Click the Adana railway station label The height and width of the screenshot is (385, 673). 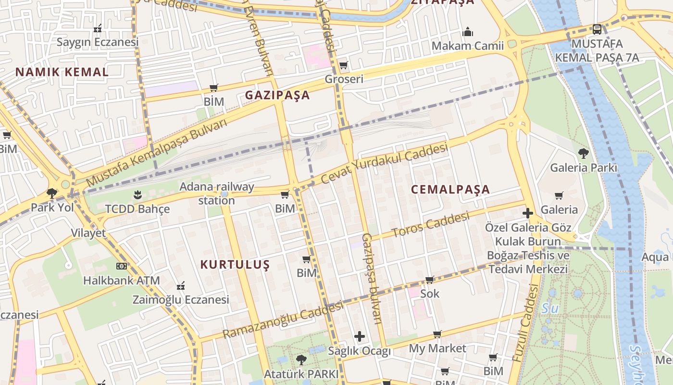tap(217, 193)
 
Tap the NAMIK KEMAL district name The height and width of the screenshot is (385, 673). tap(62, 72)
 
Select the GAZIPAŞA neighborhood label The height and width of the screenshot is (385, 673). tap(277, 95)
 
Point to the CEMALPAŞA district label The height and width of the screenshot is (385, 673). tap(450, 189)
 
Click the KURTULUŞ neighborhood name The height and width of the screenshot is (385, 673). tap(235, 264)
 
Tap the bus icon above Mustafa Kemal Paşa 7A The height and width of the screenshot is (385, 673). tap(597, 29)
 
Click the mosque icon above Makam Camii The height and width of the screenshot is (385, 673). tap(468, 32)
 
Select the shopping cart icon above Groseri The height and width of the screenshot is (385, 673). tap(343, 65)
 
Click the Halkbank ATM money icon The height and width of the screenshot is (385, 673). tap(122, 266)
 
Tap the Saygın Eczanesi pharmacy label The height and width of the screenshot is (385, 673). tap(98, 42)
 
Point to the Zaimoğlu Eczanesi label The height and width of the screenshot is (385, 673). tap(181, 300)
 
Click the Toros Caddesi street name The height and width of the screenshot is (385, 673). tap(431, 225)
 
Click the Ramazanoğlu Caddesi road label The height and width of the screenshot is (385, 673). tap(283, 320)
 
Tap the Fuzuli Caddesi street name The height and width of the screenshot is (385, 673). tap(525, 323)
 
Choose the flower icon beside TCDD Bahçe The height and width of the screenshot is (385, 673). tap(137, 195)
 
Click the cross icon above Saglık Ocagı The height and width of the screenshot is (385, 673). tap(360, 336)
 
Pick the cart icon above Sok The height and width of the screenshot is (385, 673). tap(430, 280)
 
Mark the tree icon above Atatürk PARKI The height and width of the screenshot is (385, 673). tap(301, 359)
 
